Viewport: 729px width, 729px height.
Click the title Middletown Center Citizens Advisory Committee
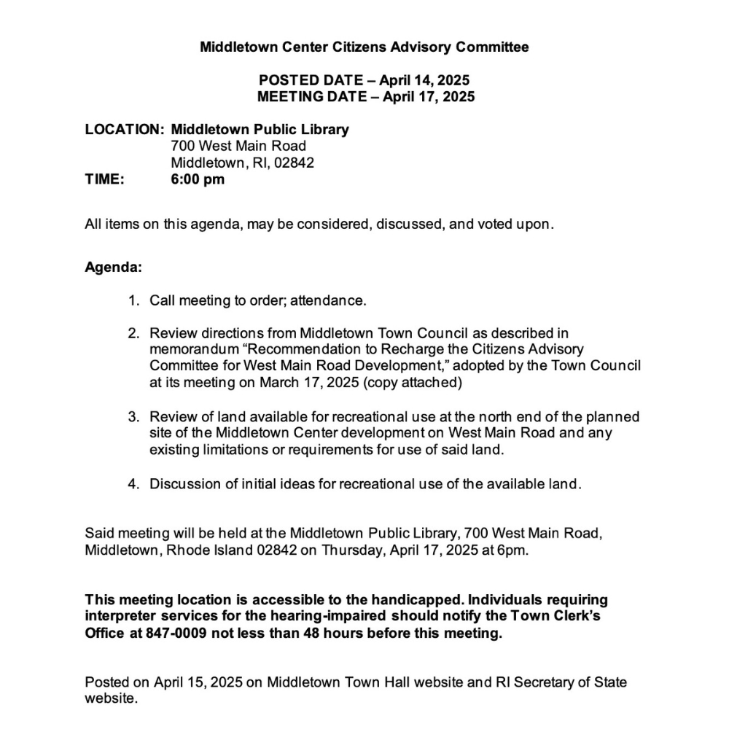(x=364, y=47)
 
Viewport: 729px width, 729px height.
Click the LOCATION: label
(x=124, y=130)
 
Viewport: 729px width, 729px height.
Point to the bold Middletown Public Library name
(x=260, y=130)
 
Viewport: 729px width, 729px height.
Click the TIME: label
(x=105, y=179)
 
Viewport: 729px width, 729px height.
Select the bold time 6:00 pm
(x=198, y=179)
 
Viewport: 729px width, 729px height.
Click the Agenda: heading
(x=113, y=267)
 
